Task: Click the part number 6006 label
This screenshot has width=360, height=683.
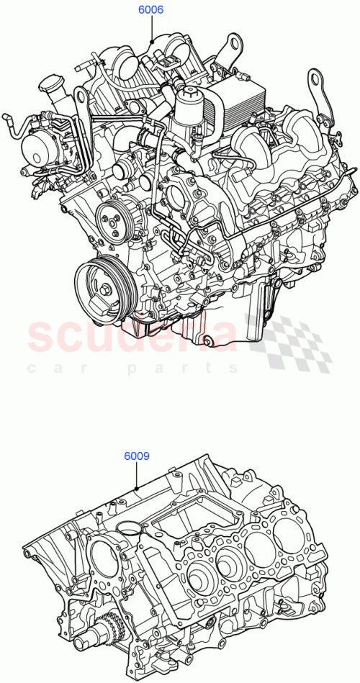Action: click(x=151, y=10)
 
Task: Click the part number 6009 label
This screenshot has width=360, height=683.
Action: click(x=136, y=456)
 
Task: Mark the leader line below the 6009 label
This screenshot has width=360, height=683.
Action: click(x=136, y=476)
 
